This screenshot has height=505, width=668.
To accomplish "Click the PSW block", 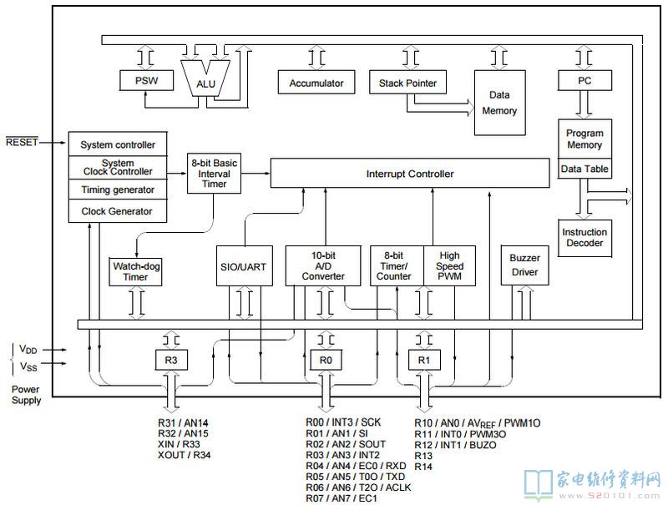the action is tap(146, 80).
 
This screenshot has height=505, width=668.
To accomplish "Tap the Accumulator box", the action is tap(316, 82).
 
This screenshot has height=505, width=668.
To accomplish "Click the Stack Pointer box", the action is tap(407, 82).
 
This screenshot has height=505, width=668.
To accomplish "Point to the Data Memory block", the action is tap(499, 103).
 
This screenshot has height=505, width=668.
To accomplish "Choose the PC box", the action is tap(584, 80).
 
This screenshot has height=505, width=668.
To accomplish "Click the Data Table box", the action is tap(584, 169).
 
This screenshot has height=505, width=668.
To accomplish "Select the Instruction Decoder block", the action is tap(584, 238).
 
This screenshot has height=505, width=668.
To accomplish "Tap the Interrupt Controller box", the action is tap(410, 174).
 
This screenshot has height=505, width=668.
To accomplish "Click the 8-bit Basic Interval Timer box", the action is tap(214, 174).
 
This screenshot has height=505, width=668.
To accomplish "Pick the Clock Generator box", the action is tap(117, 211).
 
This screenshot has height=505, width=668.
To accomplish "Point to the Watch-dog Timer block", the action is tap(135, 271).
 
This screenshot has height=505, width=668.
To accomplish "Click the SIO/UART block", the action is tap(244, 266).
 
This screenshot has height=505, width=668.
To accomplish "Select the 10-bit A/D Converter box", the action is tap(323, 266).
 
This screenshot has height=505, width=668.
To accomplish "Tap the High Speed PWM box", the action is tap(449, 266).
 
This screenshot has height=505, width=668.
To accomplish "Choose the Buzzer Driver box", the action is tap(524, 265).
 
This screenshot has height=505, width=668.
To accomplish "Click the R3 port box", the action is tap(171, 361).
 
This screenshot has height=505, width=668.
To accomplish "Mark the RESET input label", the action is tap(23, 142).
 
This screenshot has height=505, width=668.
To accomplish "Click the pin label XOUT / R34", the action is tap(184, 455).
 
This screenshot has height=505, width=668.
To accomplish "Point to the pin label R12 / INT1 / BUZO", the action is tap(455, 445).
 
